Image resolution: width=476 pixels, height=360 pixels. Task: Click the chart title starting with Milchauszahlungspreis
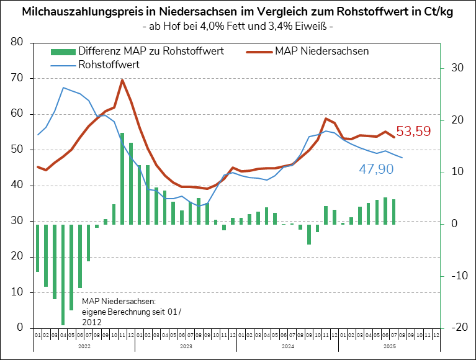tap(238, 12)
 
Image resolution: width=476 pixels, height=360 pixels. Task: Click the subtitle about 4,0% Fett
tap(238, 27)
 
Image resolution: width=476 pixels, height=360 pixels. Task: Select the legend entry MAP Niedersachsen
tap(321, 51)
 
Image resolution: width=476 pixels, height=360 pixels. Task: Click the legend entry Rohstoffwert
tap(109, 64)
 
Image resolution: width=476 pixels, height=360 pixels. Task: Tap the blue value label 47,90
tap(376, 169)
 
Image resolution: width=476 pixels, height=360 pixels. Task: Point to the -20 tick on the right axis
tap(456, 328)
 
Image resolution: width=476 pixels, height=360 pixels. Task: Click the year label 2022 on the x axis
tap(84, 346)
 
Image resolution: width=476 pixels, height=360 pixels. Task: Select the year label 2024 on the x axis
tap(287, 346)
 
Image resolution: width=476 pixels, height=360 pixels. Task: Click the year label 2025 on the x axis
tap(389, 346)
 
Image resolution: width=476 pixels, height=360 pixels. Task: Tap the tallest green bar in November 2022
tap(122, 178)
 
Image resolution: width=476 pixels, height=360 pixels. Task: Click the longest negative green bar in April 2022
tap(63, 274)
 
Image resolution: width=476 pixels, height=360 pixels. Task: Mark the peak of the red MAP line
tap(122, 80)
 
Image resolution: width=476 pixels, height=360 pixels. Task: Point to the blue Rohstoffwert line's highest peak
tap(63, 88)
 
